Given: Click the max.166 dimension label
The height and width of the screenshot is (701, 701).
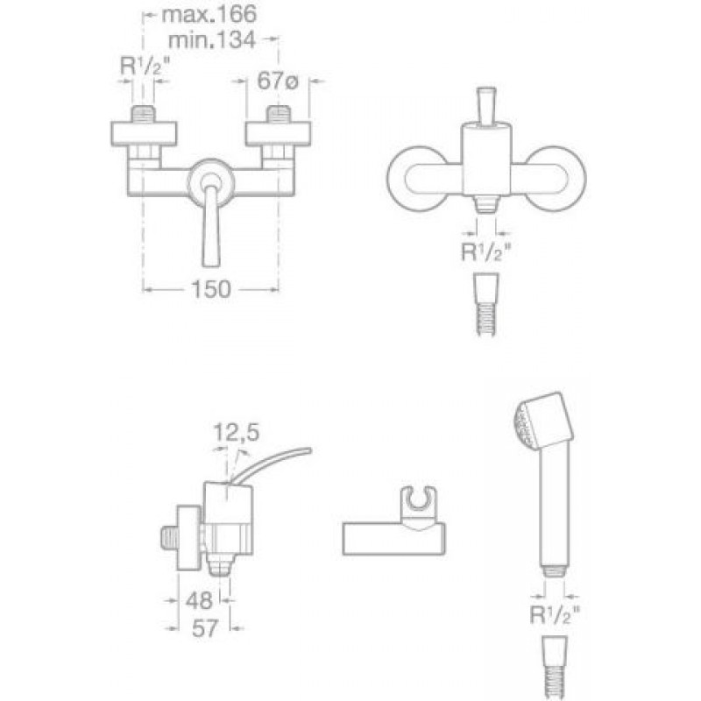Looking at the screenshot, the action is click(209, 14).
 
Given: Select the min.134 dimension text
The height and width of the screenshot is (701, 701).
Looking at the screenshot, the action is click(211, 39).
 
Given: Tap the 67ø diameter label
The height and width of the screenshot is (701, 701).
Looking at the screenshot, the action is click(277, 81).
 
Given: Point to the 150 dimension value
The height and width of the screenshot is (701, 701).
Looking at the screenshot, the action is click(211, 289).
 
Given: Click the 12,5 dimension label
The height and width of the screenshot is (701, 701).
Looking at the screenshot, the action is click(237, 432).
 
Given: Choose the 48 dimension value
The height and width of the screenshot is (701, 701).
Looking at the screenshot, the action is click(199, 600).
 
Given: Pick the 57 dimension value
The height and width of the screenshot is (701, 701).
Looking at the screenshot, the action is click(205, 628).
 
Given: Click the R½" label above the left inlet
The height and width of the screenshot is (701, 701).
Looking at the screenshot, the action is click(145, 67).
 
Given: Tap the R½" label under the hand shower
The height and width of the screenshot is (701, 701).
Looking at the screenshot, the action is click(555, 615).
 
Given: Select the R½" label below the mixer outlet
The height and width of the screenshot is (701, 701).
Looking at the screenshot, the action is click(485, 252).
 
